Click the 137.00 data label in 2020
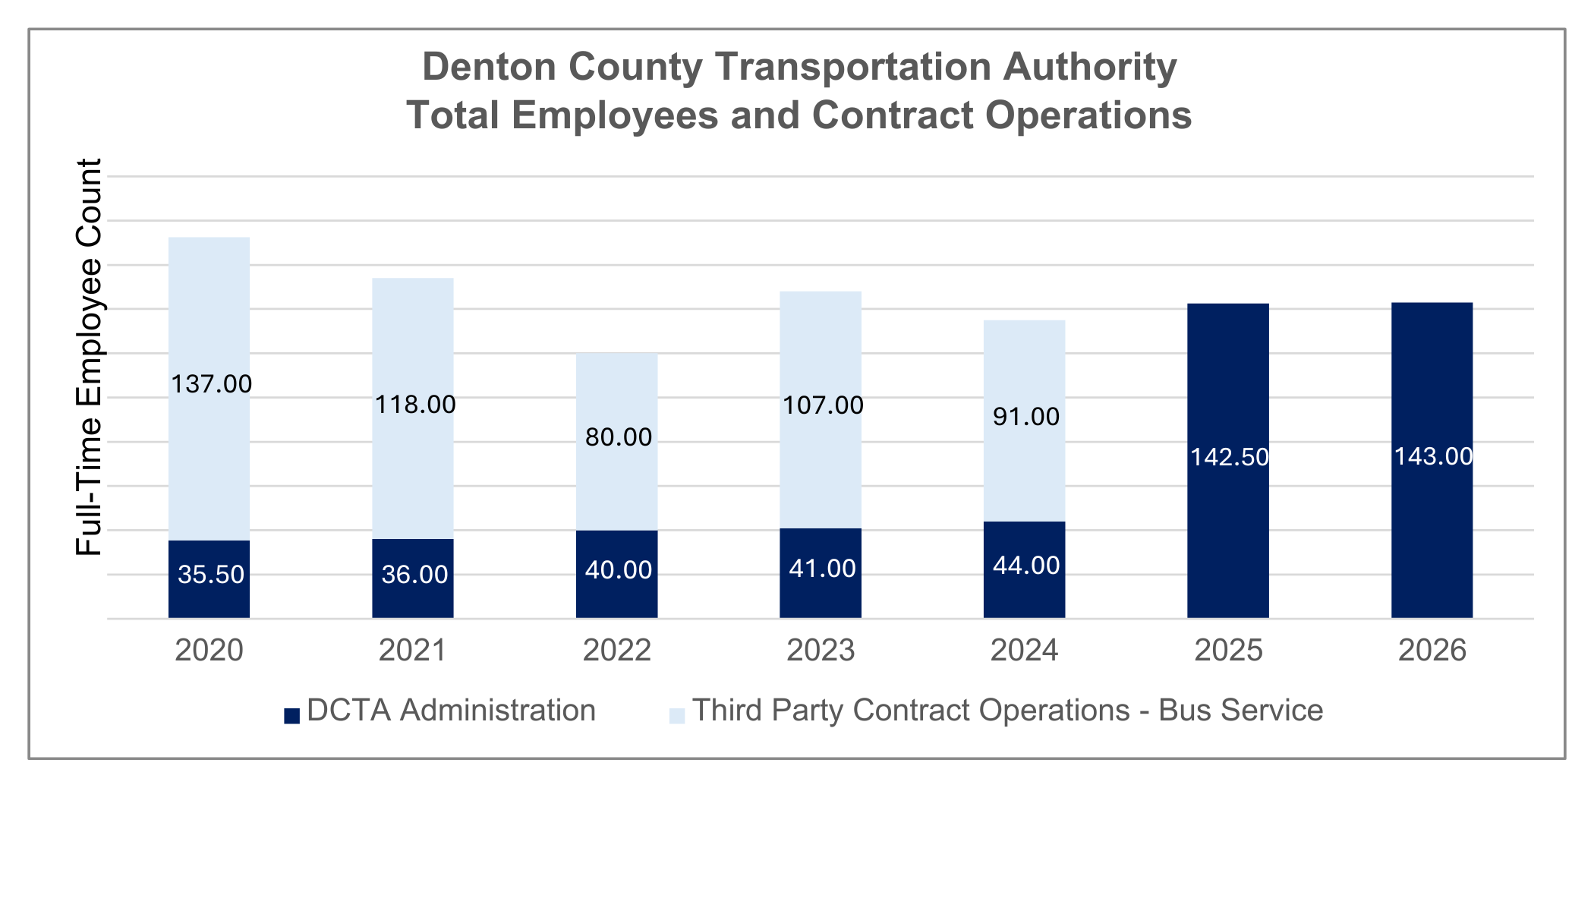[x=211, y=384]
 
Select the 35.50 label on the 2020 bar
[x=211, y=575]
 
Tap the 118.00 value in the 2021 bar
[x=415, y=405]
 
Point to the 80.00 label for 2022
[x=619, y=437]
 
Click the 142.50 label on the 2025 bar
[x=1229, y=457]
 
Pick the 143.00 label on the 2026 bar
[x=1433, y=456]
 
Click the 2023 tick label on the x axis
[x=821, y=651]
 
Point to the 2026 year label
[x=1432, y=651]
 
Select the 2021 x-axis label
[x=413, y=651]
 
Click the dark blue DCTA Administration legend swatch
[x=292, y=716]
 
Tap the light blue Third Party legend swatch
[x=677, y=716]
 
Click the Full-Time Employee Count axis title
[x=90, y=357]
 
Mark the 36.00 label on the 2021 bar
[x=414, y=575]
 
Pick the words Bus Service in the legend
[x=1240, y=711]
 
